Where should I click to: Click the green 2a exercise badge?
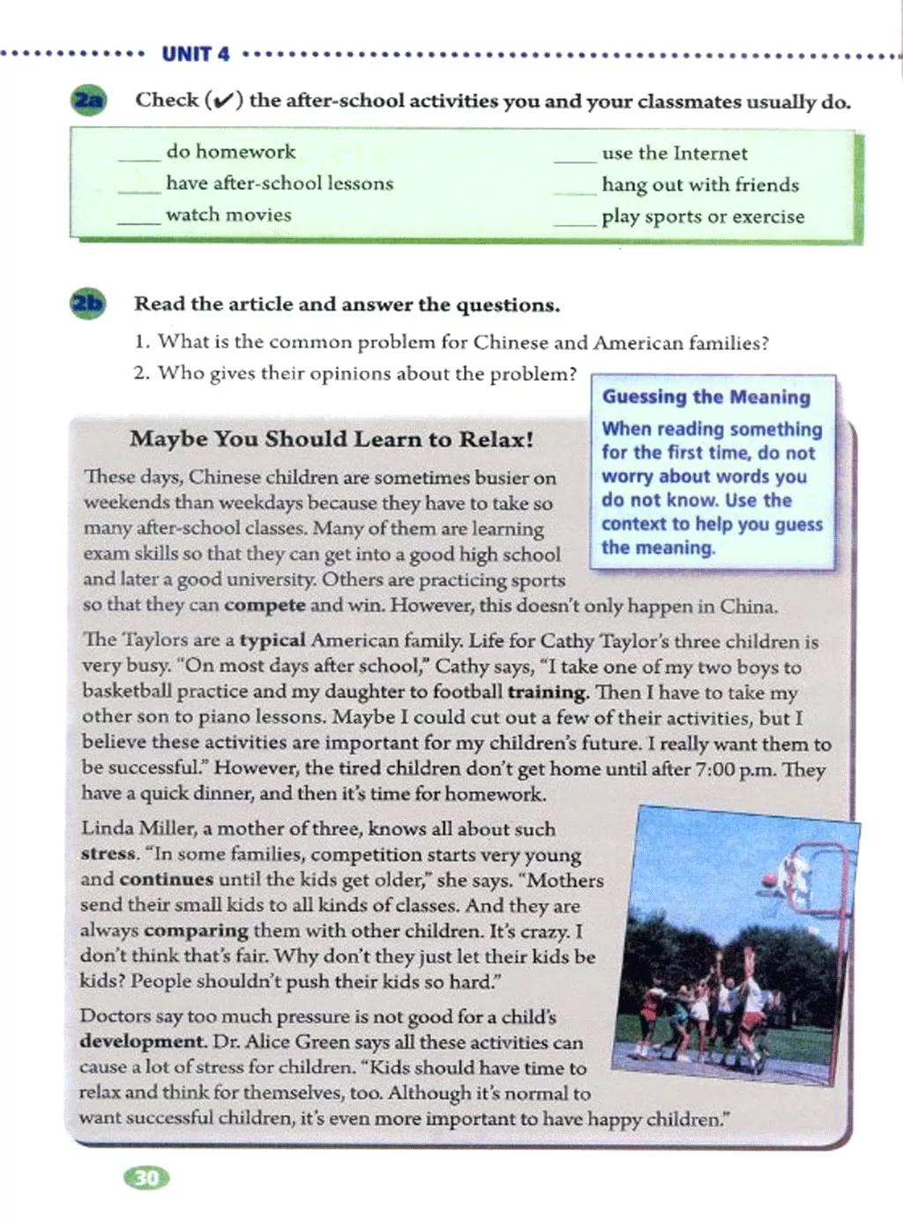[89, 100]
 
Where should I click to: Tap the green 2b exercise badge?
[89, 304]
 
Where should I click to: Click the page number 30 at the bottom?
[147, 1178]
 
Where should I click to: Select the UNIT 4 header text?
[196, 55]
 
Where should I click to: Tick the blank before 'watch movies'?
[139, 221]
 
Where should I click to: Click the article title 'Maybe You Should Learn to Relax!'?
[332, 439]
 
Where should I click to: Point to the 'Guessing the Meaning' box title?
[706, 397]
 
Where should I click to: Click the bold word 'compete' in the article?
[265, 605]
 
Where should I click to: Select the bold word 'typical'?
[272, 641]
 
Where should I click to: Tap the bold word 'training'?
[548, 692]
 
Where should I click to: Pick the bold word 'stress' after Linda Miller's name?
[108, 854]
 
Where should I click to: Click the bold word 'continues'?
[166, 879]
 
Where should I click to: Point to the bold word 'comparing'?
[197, 931]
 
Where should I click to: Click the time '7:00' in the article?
[715, 769]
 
